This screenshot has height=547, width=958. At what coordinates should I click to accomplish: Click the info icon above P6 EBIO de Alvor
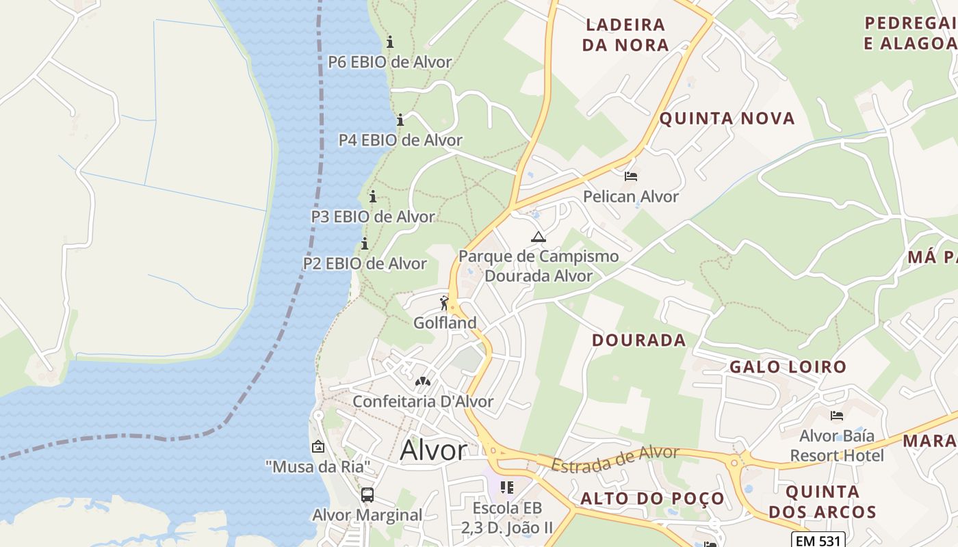click(x=390, y=42)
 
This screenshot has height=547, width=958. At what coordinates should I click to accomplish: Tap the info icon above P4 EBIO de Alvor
click(x=400, y=120)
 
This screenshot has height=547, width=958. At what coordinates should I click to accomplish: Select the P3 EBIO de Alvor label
click(x=373, y=217)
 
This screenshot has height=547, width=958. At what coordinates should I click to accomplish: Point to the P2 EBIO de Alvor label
click(x=365, y=263)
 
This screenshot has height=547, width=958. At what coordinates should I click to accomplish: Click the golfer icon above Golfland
click(x=445, y=302)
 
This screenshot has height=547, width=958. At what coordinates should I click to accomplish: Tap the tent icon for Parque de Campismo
click(x=539, y=237)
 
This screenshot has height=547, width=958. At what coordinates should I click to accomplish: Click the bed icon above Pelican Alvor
click(x=631, y=176)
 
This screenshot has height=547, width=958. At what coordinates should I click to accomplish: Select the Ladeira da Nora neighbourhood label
click(x=625, y=35)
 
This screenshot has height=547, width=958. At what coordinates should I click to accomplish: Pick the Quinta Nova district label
click(x=727, y=118)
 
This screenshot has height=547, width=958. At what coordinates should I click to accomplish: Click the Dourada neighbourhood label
click(x=638, y=340)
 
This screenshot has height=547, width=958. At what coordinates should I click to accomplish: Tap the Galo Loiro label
click(x=788, y=366)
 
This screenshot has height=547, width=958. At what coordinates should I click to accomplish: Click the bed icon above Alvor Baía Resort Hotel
click(x=836, y=416)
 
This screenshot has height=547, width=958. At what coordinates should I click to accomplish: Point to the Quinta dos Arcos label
click(x=822, y=501)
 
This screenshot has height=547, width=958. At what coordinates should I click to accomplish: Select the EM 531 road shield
click(x=818, y=540)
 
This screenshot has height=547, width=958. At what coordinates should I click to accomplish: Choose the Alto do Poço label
click(x=652, y=498)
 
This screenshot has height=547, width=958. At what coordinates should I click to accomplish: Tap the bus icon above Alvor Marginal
click(x=367, y=494)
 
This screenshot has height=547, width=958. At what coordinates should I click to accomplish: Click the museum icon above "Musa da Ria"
click(x=318, y=447)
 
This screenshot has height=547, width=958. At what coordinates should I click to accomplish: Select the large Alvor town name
click(x=433, y=451)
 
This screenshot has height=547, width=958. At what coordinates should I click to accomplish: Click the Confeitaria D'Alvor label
click(x=423, y=401)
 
